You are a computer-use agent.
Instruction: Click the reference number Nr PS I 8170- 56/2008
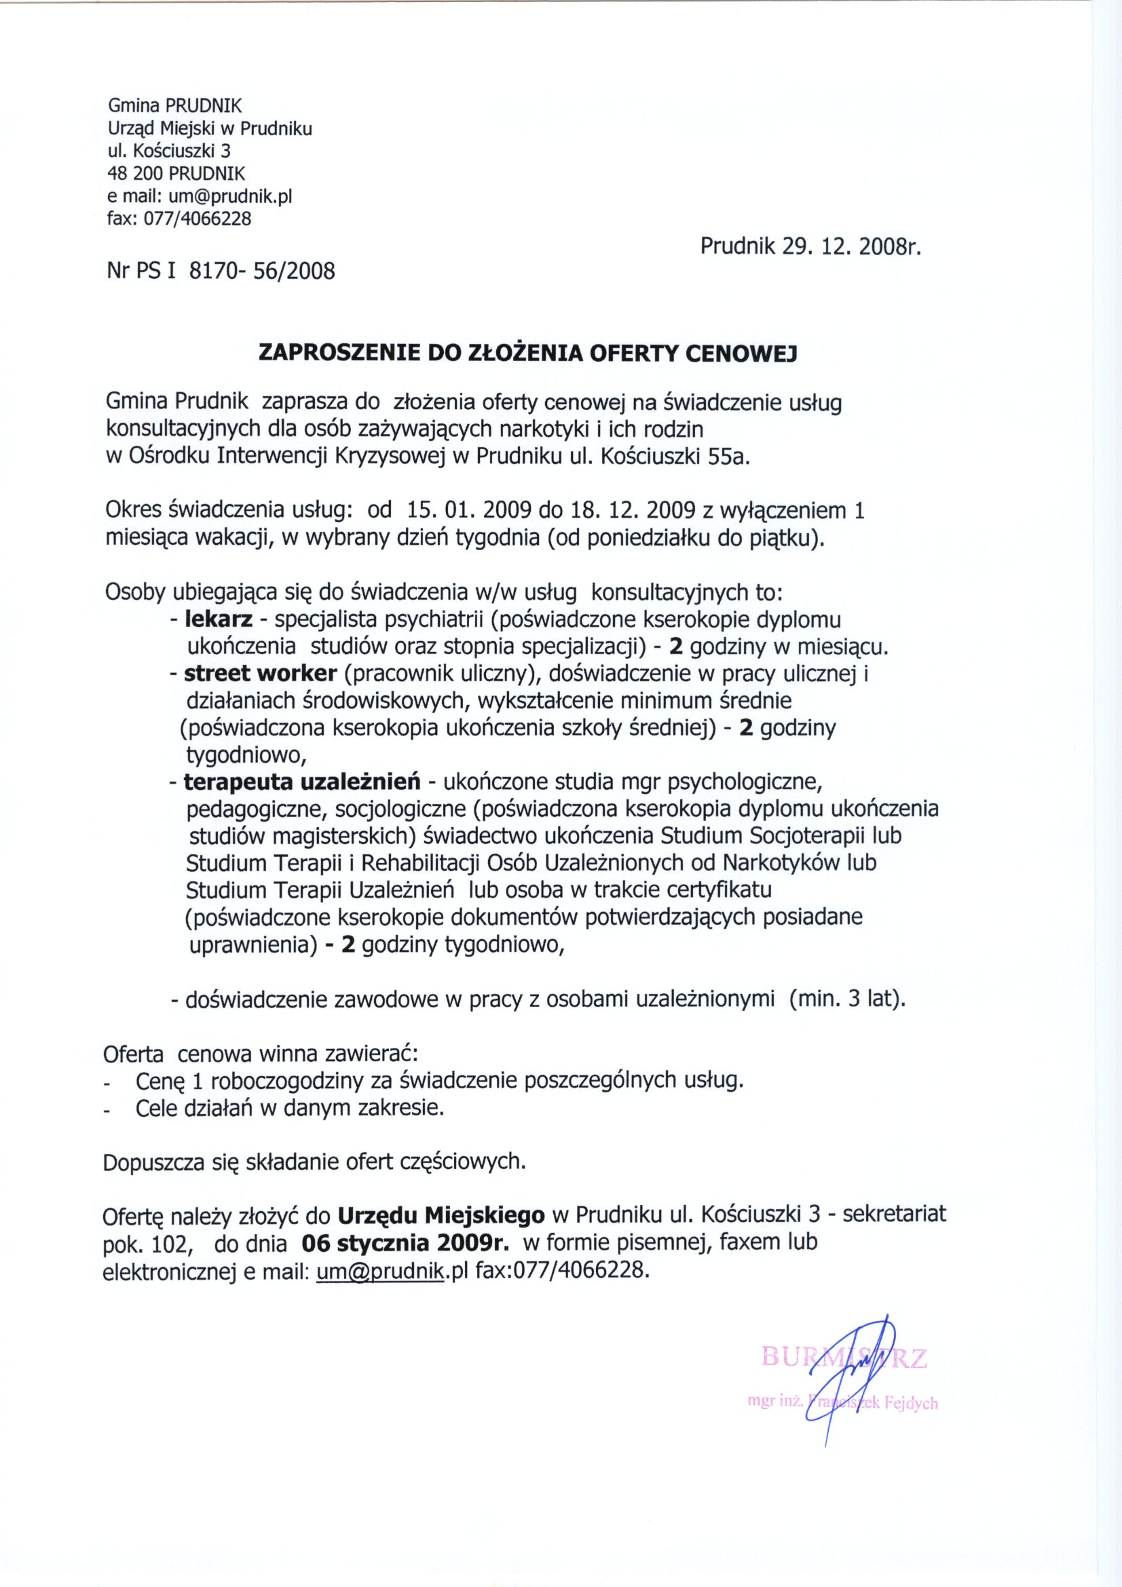point(221,270)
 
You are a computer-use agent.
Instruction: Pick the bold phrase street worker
point(260,673)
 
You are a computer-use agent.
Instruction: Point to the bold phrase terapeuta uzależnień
point(302,782)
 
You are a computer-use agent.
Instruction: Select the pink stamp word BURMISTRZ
point(844,1358)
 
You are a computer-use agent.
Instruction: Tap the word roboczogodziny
point(286,1080)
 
